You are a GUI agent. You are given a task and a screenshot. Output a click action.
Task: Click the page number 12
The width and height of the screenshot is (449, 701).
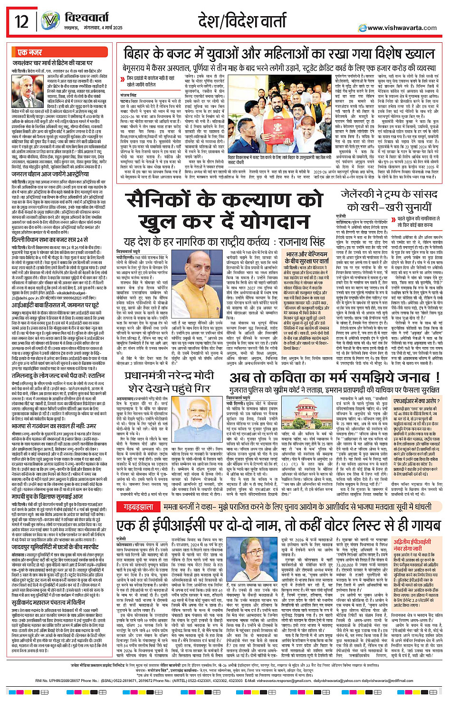point(21,21)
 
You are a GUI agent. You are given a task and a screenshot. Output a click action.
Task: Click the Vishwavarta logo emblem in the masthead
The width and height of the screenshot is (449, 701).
point(50,21)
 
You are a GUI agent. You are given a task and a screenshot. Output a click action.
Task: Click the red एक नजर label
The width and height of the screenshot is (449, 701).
point(29,52)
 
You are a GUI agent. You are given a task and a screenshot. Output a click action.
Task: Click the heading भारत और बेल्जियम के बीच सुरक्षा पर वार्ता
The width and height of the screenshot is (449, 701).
point(306,258)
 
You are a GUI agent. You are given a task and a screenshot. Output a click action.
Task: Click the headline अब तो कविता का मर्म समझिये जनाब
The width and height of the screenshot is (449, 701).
point(334,378)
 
